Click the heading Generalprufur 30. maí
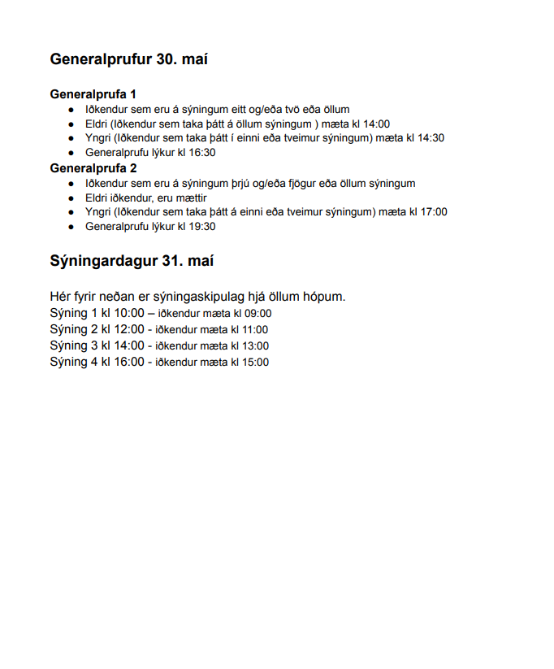(134, 59)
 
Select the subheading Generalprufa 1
(93, 93)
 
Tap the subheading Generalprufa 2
(93, 168)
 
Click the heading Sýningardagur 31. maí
(132, 261)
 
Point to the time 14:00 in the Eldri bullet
(376, 124)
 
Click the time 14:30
(431, 138)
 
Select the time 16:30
(201, 153)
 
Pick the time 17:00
(433, 212)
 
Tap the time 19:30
(201, 227)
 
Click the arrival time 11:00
(253, 330)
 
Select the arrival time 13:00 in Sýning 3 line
(253, 346)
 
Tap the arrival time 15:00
(253, 363)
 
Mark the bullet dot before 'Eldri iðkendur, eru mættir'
(71, 198)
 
